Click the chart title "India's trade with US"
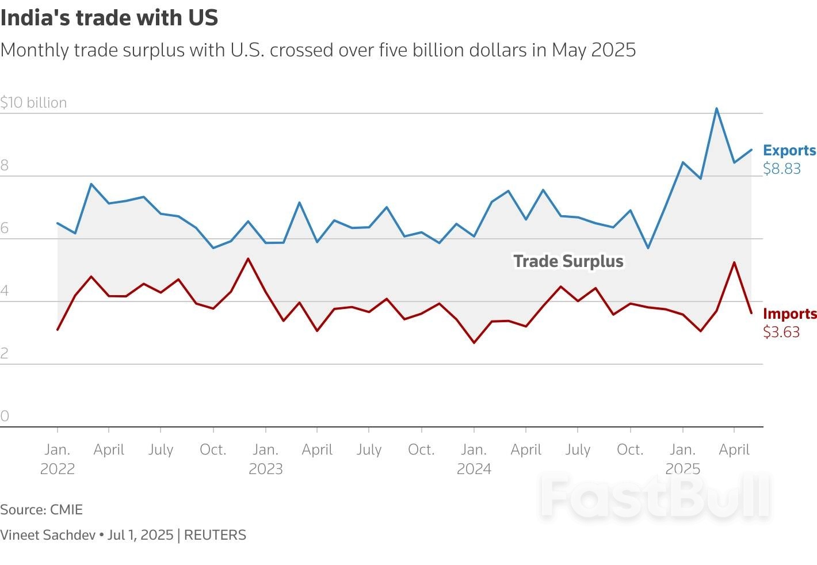(109, 18)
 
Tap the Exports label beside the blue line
(789, 150)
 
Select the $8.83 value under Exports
(781, 169)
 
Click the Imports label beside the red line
(789, 314)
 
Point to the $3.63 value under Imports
(781, 332)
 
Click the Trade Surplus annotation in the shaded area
(568, 261)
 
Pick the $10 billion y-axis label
(33, 102)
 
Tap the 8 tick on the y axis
(5, 166)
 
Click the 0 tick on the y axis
(5, 416)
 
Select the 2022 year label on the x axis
(57, 469)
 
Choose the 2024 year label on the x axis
(474, 469)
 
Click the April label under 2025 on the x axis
(734, 449)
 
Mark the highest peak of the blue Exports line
(716, 108)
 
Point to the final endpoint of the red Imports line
(751, 312)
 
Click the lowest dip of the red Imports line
(474, 343)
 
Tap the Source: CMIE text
(41, 510)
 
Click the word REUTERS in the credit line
(215, 535)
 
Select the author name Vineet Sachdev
(48, 535)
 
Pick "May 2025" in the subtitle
(593, 50)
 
